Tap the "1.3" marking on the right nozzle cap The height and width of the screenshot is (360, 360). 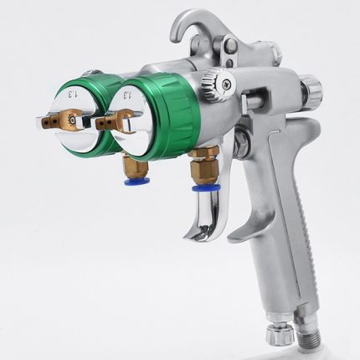coord(129,95)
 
